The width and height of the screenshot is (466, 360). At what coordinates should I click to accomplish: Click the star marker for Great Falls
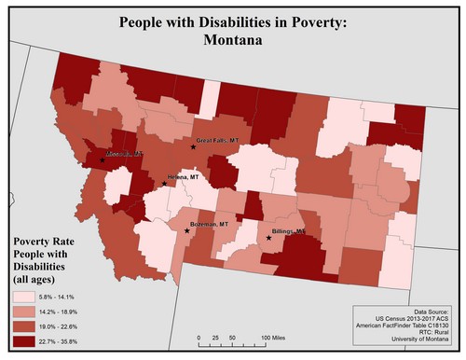click(x=193, y=147)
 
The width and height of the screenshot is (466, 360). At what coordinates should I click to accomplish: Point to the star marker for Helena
click(x=164, y=183)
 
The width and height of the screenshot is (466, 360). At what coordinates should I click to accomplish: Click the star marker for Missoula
click(x=103, y=159)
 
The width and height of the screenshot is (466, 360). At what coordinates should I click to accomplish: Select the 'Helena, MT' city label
click(x=182, y=176)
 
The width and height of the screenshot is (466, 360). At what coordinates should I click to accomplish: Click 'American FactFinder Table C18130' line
click(x=403, y=328)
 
